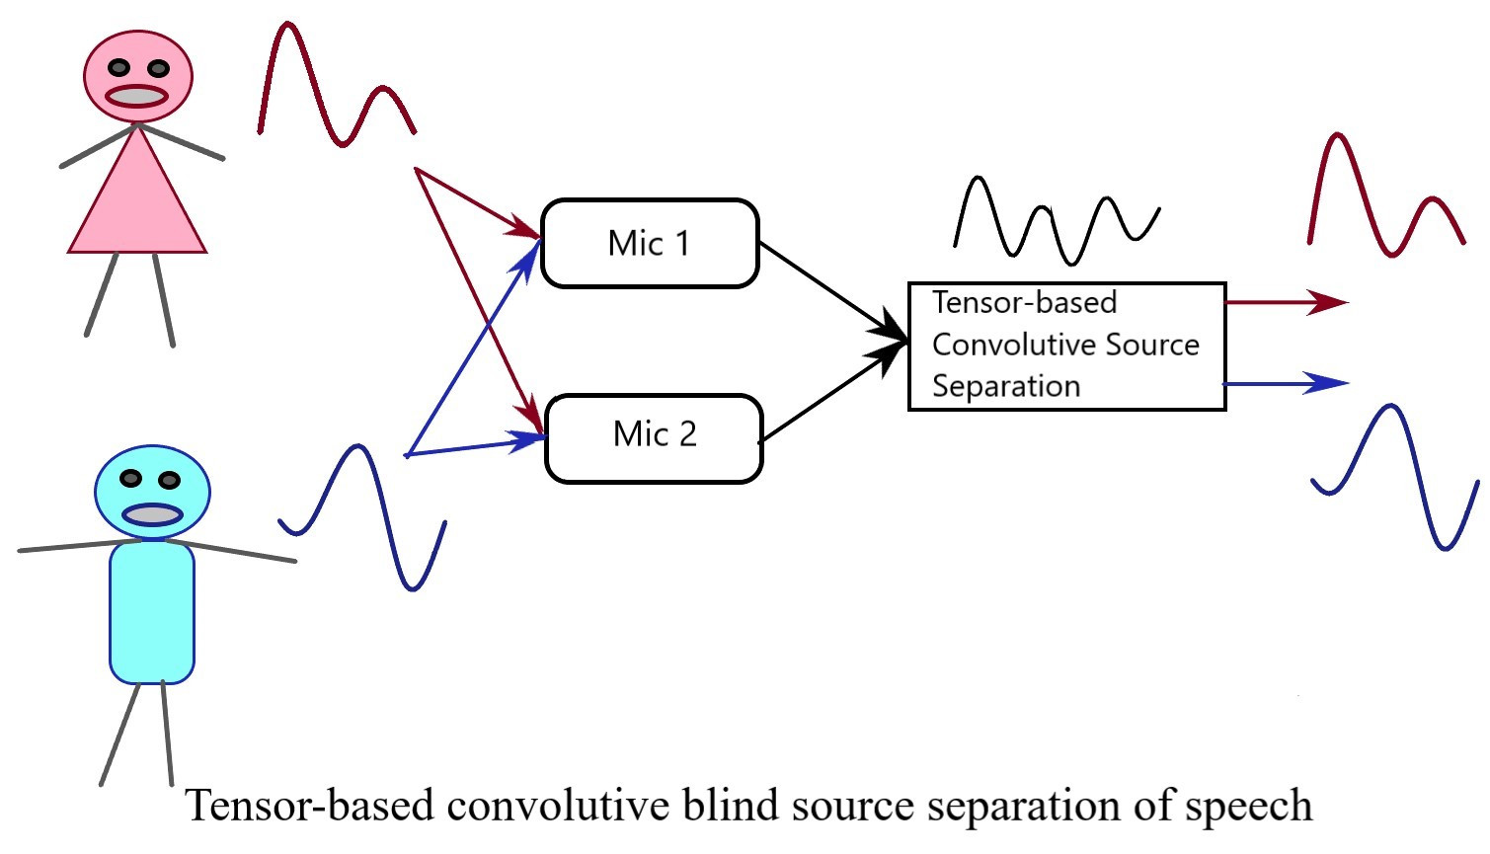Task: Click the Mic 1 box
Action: [x=650, y=244]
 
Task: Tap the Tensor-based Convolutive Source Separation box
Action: [x=1066, y=346]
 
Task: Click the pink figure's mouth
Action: [x=137, y=96]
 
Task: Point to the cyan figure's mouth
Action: [x=152, y=514]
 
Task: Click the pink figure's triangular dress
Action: [x=137, y=202]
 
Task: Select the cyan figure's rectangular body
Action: [x=151, y=612]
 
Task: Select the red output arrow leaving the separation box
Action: [x=1284, y=302]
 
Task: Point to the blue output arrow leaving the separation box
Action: [x=1284, y=383]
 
